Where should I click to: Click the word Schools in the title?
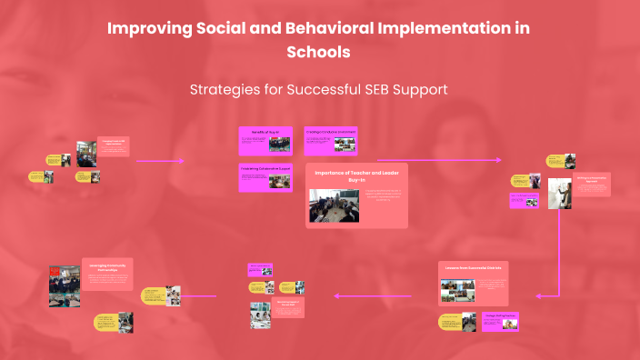tap(318, 52)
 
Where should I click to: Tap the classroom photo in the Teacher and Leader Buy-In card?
tap(334, 205)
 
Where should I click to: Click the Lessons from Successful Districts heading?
tap(473, 269)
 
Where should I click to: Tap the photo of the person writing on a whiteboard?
tap(558, 194)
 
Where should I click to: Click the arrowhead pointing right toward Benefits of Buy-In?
tap(181, 161)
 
